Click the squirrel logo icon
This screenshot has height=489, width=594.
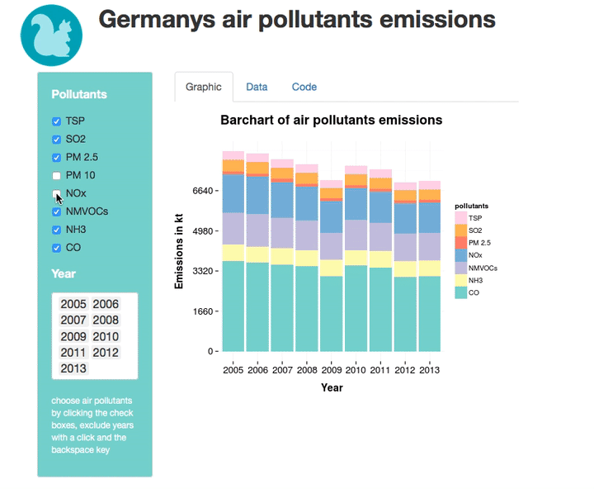[x=51, y=35]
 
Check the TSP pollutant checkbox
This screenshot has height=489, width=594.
[x=57, y=121]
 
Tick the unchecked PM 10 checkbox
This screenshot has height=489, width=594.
[x=57, y=175]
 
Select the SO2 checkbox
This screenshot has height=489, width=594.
[x=57, y=140]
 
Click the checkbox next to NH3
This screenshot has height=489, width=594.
[x=57, y=230]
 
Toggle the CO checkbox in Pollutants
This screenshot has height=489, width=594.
[x=57, y=248]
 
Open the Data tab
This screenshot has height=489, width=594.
[x=257, y=87]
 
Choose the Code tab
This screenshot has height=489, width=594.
[x=304, y=87]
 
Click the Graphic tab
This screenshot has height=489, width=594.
[x=203, y=87]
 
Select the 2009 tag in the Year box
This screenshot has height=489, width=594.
[x=73, y=336]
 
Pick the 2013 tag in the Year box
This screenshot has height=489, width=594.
[x=73, y=368]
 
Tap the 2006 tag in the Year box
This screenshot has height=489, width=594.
[x=106, y=304]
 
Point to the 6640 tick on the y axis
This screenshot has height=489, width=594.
[x=202, y=191]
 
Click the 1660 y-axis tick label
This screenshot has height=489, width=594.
[x=202, y=312]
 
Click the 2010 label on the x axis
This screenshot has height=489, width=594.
[x=356, y=369]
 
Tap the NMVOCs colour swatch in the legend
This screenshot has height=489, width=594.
[x=461, y=268]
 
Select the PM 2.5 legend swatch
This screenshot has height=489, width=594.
[x=461, y=243]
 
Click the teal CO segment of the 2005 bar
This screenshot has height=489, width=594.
[x=233, y=306]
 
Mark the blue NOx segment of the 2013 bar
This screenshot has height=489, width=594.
[x=429, y=217]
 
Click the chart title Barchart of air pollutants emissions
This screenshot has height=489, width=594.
[x=331, y=121]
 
